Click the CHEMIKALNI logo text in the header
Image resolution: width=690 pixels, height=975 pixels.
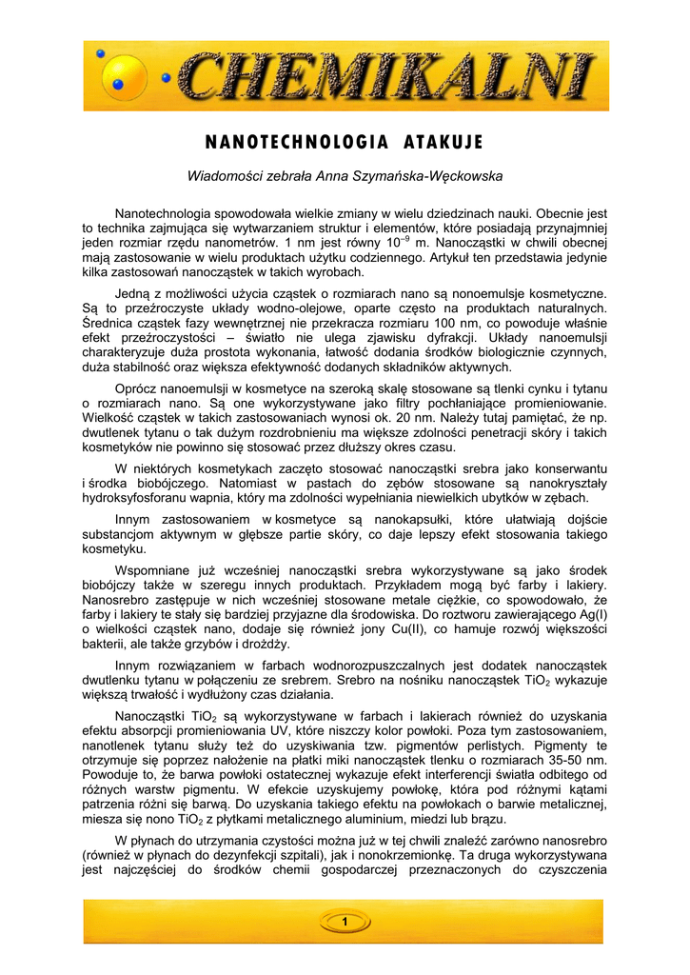[385, 77]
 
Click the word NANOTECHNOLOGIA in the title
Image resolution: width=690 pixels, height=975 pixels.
[296, 143]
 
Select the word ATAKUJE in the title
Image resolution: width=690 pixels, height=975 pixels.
[444, 143]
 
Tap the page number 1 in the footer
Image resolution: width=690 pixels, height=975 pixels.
[345, 921]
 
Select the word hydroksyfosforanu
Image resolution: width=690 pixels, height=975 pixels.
[140, 498]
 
